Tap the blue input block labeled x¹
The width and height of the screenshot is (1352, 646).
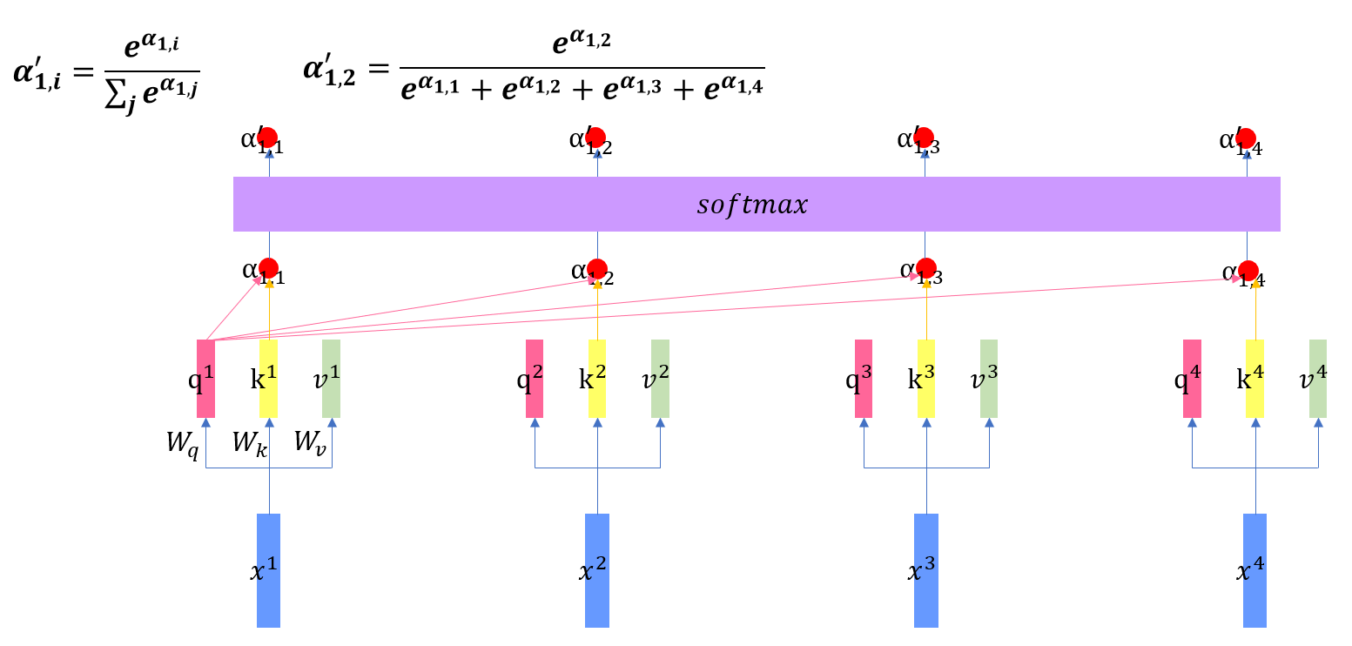268,570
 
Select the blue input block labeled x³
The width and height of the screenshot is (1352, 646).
925,570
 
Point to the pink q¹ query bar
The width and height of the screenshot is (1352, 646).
205,379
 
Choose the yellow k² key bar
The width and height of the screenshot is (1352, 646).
597,379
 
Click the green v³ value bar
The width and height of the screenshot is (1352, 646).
989,379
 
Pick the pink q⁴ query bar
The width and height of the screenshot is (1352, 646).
1192,379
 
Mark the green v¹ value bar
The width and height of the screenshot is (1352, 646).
331,379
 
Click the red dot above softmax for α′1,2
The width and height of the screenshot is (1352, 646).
596,138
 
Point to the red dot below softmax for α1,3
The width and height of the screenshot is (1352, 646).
926,268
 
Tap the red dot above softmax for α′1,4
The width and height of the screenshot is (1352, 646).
1246,138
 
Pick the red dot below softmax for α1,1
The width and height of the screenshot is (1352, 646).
268,268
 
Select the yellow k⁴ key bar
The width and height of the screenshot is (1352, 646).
1254,379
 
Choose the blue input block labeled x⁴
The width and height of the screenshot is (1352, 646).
1254,570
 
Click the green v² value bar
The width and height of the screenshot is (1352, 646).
660,379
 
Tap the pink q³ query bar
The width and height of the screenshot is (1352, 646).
864,379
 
